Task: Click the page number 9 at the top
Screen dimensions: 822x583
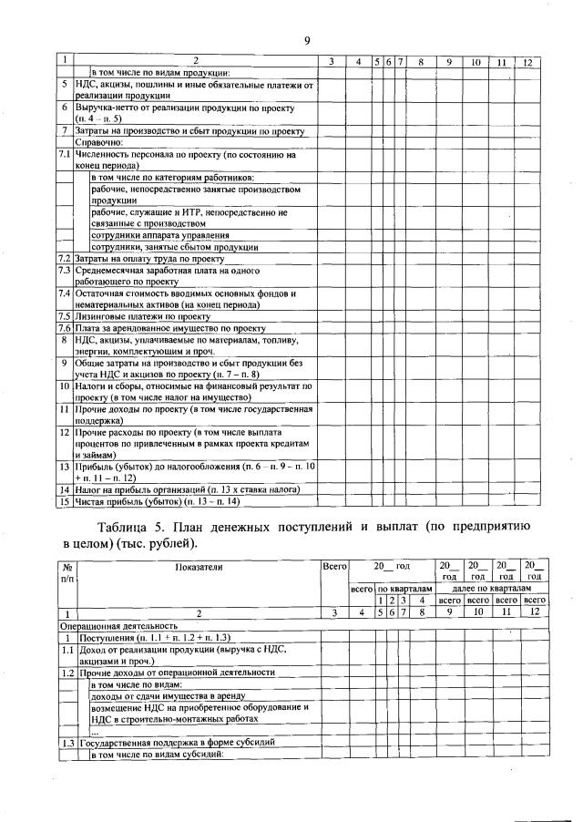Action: click(x=308, y=39)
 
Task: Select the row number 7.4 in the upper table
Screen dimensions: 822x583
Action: click(x=65, y=293)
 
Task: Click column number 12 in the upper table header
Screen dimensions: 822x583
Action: click(x=527, y=62)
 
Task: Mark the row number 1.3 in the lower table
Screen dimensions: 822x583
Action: click(x=66, y=743)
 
